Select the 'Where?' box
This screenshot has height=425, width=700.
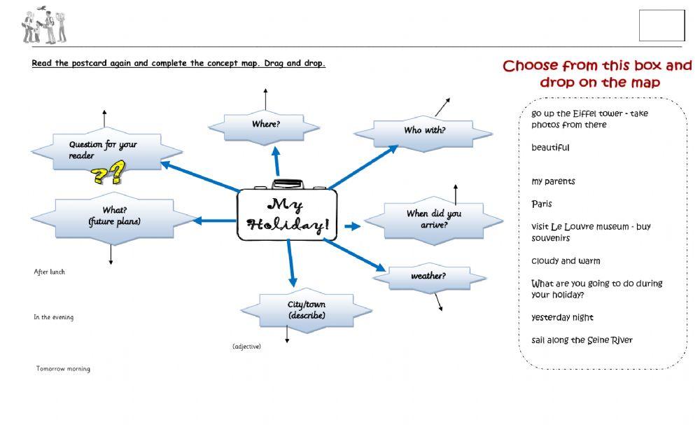[x=265, y=125]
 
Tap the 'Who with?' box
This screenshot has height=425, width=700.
[x=424, y=131]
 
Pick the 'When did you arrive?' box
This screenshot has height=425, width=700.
[x=433, y=219]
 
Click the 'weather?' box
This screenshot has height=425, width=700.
[x=428, y=276]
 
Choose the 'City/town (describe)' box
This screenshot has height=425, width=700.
[x=306, y=310]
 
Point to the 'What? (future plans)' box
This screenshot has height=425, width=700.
[x=114, y=216]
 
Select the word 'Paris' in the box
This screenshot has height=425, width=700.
[x=541, y=204]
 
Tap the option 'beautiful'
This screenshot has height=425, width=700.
[x=550, y=148]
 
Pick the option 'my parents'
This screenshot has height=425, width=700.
[x=553, y=181]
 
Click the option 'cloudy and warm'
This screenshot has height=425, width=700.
[x=566, y=261]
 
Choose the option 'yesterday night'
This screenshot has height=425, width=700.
[x=562, y=318]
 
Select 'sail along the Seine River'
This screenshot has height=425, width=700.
[x=582, y=340]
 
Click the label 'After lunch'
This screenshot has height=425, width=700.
[x=49, y=272]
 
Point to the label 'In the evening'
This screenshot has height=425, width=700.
[x=53, y=317]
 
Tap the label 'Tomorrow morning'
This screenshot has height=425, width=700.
[x=63, y=369]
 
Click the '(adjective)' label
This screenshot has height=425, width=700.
[x=246, y=347]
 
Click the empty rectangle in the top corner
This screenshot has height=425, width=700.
[x=661, y=26]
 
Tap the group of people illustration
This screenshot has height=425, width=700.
[x=43, y=26]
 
